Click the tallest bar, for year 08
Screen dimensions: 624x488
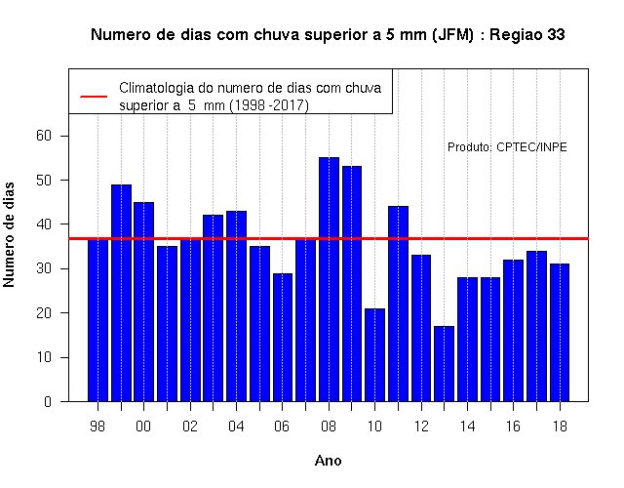click(x=330, y=279)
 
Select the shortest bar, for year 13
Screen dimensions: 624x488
click(x=445, y=364)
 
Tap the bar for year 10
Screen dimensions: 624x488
click(x=374, y=355)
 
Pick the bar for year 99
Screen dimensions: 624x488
click(x=121, y=293)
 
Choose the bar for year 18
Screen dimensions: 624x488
click(x=560, y=333)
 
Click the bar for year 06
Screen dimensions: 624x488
click(x=283, y=338)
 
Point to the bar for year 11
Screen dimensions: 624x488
click(x=399, y=304)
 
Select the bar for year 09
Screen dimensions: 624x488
click(x=352, y=284)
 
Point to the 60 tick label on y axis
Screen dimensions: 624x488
click(x=44, y=136)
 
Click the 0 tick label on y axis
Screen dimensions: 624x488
click(x=48, y=401)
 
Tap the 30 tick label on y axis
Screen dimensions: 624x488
click(x=44, y=269)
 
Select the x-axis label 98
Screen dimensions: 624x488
click(x=97, y=427)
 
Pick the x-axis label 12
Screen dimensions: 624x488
click(x=421, y=427)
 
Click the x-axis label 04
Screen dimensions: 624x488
click(x=236, y=427)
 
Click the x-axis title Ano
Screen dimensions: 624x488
click(x=328, y=461)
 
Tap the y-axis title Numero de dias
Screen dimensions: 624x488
click(x=9, y=234)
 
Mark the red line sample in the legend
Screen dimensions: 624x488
click(x=94, y=97)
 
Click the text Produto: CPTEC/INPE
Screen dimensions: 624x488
click(x=507, y=147)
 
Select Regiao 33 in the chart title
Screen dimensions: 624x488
click(x=526, y=35)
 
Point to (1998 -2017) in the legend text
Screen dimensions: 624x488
click(x=269, y=105)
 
